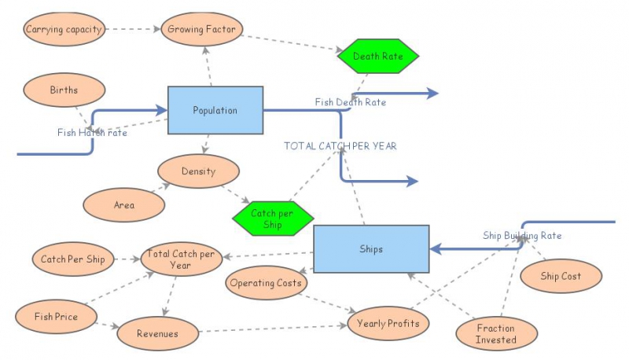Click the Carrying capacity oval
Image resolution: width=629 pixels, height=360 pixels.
click(x=63, y=30)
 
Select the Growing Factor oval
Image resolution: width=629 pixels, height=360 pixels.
click(x=203, y=30)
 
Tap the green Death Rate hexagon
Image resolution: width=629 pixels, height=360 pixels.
click(x=377, y=56)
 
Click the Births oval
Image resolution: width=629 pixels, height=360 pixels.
click(x=64, y=90)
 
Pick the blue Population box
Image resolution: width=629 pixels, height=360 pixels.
click(x=215, y=110)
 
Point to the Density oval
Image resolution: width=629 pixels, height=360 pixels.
click(x=198, y=171)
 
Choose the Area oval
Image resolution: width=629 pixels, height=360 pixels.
click(x=123, y=205)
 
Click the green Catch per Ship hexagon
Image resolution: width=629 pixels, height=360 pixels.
click(x=273, y=218)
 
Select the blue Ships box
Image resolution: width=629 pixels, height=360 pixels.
click(x=371, y=249)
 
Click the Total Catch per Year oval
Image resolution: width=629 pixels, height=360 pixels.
click(x=181, y=259)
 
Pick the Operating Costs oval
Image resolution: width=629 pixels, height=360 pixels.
click(x=266, y=283)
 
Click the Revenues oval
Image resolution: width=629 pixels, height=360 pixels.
click(x=157, y=333)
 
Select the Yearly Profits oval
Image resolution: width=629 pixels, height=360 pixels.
click(x=388, y=323)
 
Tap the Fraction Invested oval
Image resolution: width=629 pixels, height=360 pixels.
click(x=496, y=333)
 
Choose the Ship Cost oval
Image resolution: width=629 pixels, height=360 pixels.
click(x=561, y=276)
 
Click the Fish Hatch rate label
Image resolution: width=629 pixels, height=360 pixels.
click(x=92, y=133)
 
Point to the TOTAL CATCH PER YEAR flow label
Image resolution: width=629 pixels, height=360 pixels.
click(x=340, y=145)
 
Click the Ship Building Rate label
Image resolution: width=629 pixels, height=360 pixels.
click(x=522, y=235)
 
